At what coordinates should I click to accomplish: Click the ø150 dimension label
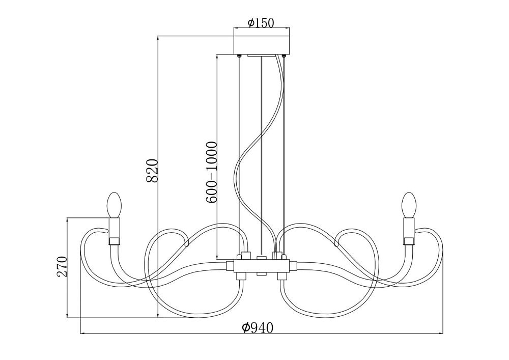tap(261, 23)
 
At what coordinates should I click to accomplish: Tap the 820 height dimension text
tap(152, 171)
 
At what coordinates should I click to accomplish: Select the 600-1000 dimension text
tap(211, 173)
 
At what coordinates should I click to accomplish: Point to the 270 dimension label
tap(62, 266)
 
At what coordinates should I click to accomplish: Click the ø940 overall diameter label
tap(258, 328)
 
